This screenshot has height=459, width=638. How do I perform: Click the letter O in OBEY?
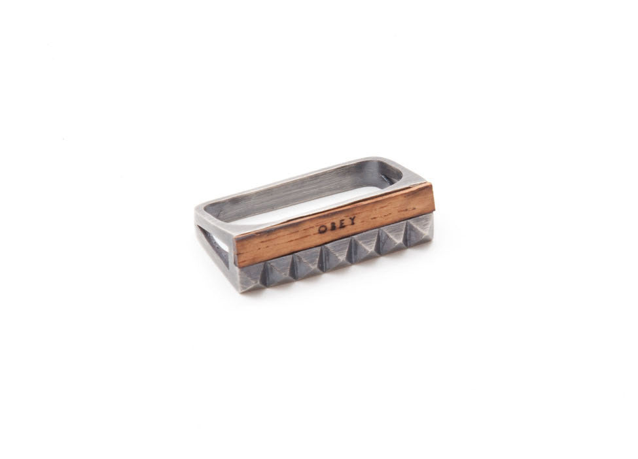coord(322,229)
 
